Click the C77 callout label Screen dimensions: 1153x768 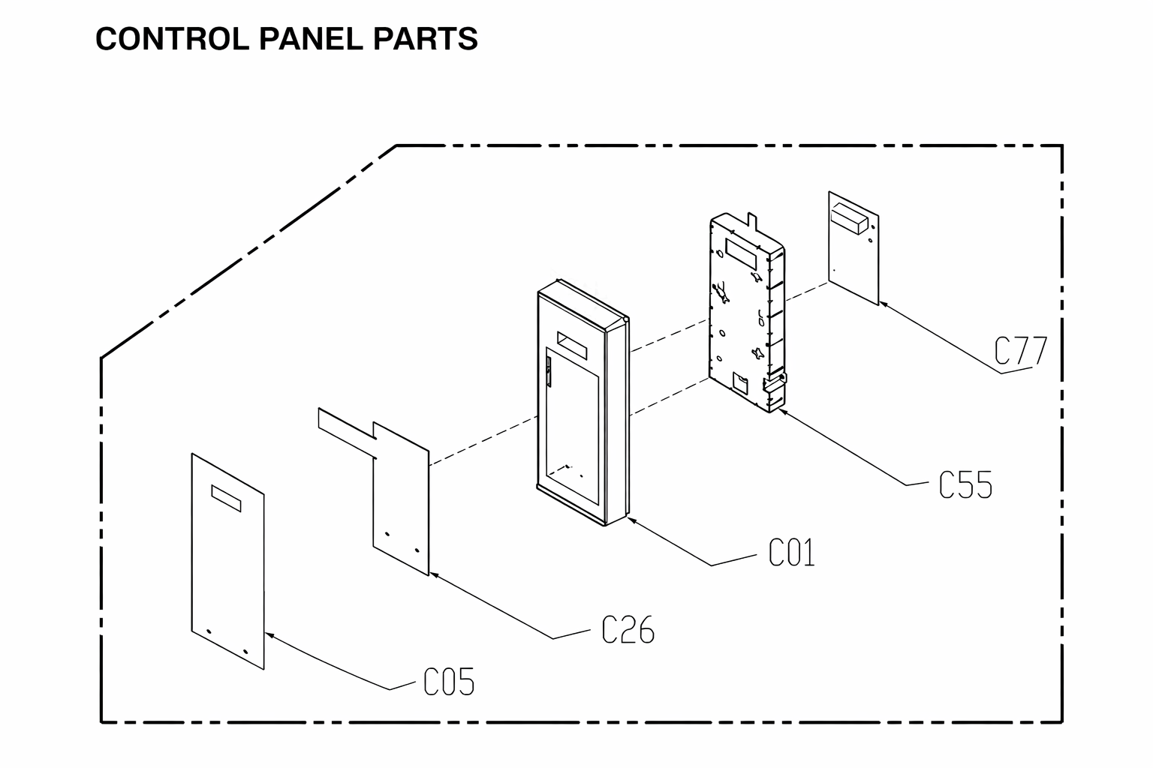click(1020, 351)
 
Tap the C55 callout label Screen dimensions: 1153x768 click(965, 484)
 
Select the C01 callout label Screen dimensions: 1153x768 click(792, 553)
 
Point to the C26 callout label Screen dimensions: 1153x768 click(628, 630)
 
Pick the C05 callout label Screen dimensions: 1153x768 click(448, 682)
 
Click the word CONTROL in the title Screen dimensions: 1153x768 click(173, 38)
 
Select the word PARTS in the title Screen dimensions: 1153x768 click(425, 38)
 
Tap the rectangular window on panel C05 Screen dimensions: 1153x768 click(226, 498)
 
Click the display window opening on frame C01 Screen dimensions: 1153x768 click(572, 345)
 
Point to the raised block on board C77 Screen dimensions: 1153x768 click(849, 218)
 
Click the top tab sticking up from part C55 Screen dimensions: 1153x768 click(753, 222)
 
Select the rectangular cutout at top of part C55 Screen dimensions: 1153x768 click(741, 253)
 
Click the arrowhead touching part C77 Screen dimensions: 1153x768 click(884, 304)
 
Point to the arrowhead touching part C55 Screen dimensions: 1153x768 click(782, 411)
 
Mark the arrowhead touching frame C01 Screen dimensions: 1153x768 click(631, 520)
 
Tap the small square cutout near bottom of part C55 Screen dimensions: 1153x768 click(740, 383)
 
